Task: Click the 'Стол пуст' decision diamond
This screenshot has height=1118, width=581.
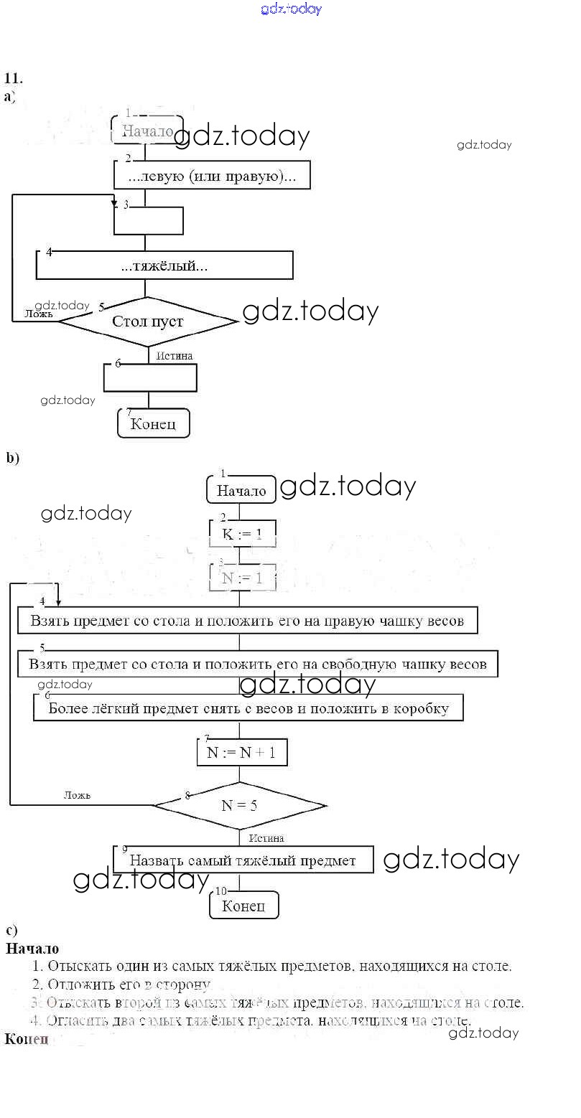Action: pos(147,321)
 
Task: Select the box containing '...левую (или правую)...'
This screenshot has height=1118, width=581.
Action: pos(212,175)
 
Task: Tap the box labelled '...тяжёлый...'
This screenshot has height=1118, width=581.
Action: pos(164,266)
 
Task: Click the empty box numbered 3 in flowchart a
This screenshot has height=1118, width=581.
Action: pos(149,220)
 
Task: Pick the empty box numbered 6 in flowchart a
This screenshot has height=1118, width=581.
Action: pos(150,377)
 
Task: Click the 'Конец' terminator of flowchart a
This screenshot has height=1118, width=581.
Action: pos(153,423)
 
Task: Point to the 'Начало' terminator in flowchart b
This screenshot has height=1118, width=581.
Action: pos(241,491)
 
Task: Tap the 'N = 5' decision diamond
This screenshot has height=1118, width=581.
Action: pos(240,805)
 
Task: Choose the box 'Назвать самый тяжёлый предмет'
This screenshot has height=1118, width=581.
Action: pos(243,860)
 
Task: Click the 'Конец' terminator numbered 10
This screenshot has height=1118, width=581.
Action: pos(243,906)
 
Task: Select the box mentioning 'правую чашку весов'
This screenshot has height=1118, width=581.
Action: pos(247,621)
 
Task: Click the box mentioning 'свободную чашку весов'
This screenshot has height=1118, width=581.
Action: pos(257,664)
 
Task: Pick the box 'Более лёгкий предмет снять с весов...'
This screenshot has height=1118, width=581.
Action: pos(248,708)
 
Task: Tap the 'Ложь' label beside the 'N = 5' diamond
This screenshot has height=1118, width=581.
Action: pos(77,794)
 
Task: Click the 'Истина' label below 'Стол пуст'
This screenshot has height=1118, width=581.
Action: pos(175,355)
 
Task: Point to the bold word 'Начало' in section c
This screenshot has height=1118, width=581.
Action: pos(32,949)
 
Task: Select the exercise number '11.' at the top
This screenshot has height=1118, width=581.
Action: pos(14,78)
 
